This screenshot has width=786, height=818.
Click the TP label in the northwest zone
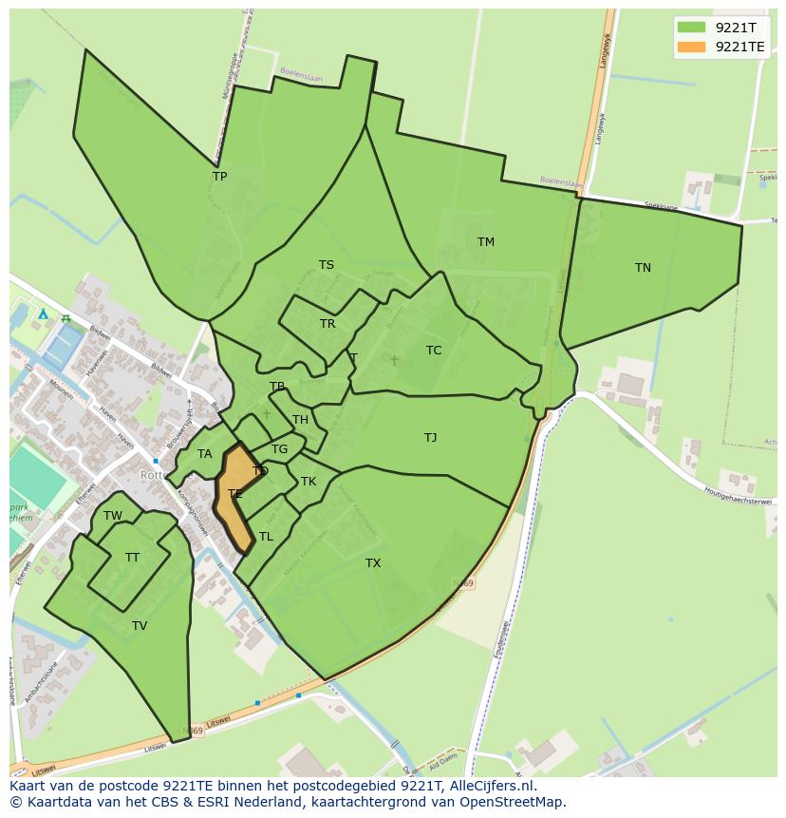click(x=219, y=177)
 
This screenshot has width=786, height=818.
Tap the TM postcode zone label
click(x=485, y=242)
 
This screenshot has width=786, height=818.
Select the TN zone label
click(x=643, y=268)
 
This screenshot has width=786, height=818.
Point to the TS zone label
click(x=326, y=265)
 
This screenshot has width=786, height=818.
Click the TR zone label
click(x=327, y=324)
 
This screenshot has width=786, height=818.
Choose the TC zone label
click(x=434, y=351)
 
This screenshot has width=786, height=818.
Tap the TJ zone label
click(x=430, y=438)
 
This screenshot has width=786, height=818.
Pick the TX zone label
click(x=373, y=563)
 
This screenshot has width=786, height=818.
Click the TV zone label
click(x=140, y=626)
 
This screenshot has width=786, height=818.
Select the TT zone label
click(x=132, y=558)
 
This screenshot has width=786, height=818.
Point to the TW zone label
click(x=113, y=516)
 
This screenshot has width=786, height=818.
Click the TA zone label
click(x=204, y=454)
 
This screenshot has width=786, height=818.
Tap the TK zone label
click(x=309, y=482)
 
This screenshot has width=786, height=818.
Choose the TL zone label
click(x=266, y=537)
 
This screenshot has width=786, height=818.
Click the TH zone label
click(x=300, y=420)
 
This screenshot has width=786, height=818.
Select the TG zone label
click(x=279, y=449)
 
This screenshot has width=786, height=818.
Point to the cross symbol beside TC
click(x=395, y=360)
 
